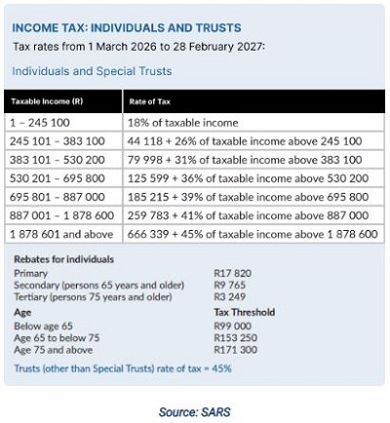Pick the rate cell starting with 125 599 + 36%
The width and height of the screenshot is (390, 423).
247,178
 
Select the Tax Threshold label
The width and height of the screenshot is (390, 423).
245,312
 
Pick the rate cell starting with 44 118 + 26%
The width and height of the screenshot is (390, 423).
245,141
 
